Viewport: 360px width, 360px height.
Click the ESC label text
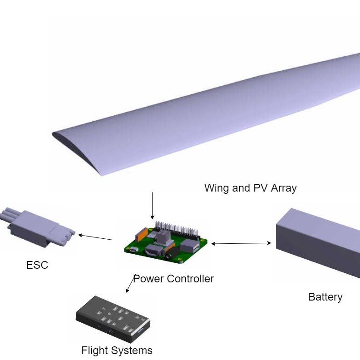37,265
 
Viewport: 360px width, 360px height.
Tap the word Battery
325,297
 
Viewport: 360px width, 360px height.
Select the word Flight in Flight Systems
94,350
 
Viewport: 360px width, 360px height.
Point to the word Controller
190,279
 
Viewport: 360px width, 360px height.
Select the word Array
284,188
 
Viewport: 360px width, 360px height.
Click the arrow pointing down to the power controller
152,206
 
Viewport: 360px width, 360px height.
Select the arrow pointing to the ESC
95,237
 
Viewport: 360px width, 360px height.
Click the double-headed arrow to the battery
241,243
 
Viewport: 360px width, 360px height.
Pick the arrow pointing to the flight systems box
130,285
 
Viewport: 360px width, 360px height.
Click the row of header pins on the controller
176,228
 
